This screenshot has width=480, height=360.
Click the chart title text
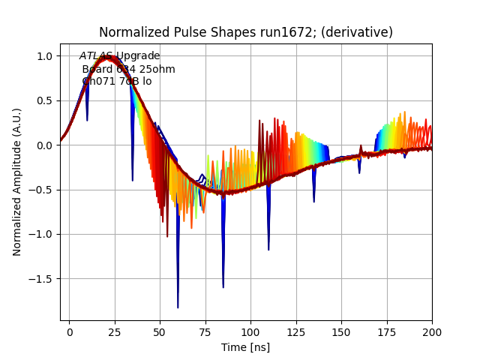tap(246, 32)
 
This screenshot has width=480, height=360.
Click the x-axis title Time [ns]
tap(245, 347)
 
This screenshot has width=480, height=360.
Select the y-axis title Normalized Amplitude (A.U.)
tap(17, 181)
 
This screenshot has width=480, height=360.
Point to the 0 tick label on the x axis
tap(69, 331)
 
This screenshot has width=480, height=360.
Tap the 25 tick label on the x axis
tap(115, 331)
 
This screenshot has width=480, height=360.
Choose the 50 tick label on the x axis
tap(160, 331)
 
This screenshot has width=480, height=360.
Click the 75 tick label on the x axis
tap(205, 331)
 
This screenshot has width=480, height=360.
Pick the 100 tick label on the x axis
tap(250, 331)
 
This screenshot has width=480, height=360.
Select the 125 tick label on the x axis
tap(296, 331)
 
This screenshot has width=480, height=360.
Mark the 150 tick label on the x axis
tap(341, 331)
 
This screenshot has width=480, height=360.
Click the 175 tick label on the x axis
tap(387, 331)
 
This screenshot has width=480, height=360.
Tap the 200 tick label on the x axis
tap(432, 331)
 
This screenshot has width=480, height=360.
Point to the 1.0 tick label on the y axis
tap(45, 56)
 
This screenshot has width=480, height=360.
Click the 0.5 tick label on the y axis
tap(45, 100)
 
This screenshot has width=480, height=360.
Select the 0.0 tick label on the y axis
tap(45, 145)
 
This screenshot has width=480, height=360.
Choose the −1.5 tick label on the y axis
tap(41, 279)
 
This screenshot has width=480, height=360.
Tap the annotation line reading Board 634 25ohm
tap(128, 69)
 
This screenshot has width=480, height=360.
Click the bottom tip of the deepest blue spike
tap(178, 307)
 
